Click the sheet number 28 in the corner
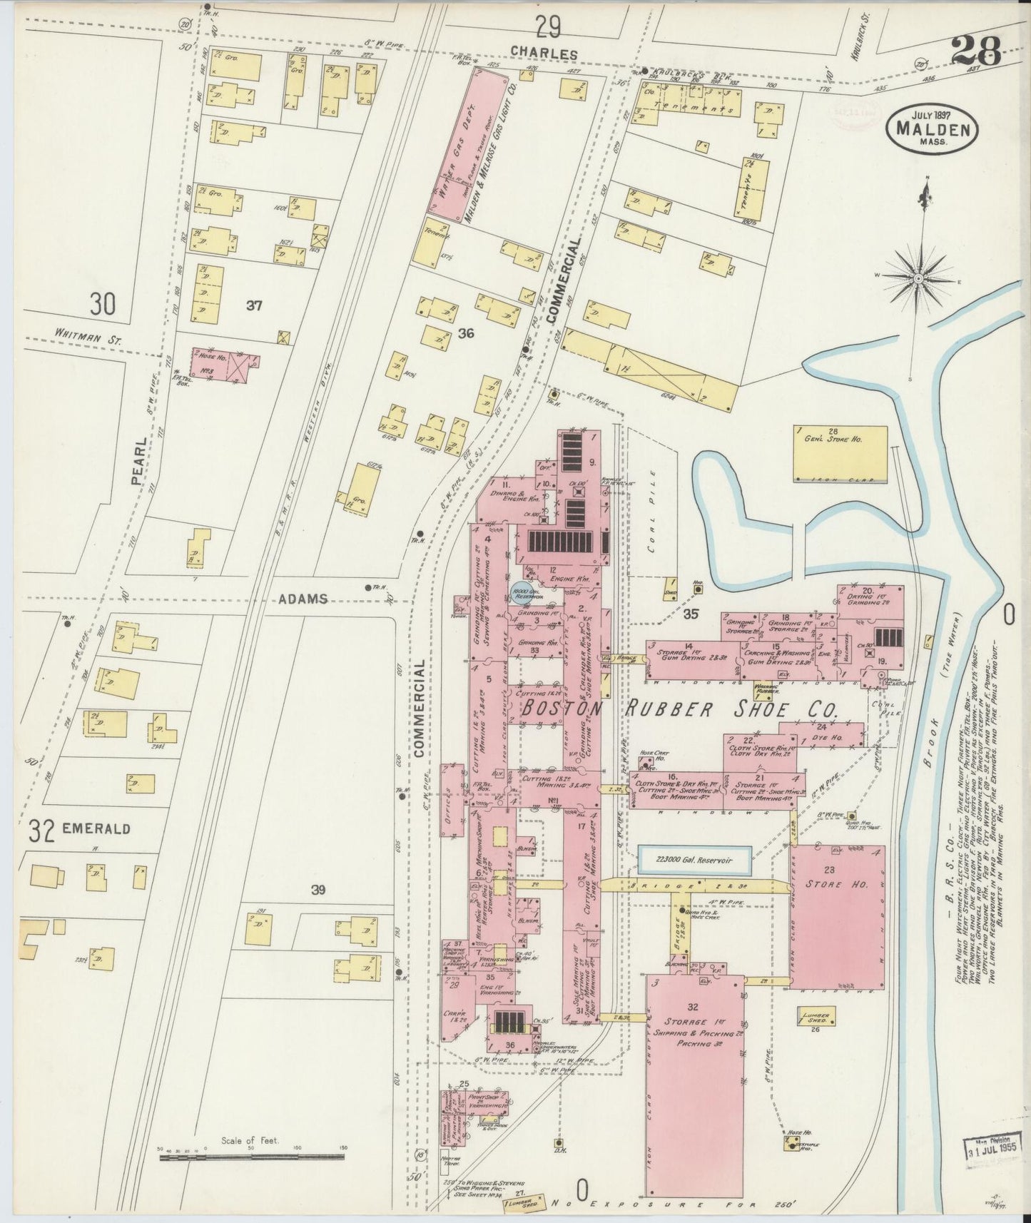point(976,51)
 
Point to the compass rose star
point(919,278)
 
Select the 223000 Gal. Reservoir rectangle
point(694,861)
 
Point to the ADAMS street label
point(308,599)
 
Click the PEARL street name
point(139,462)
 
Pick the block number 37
point(254,306)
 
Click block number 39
point(318,889)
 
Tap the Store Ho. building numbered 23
point(837,916)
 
